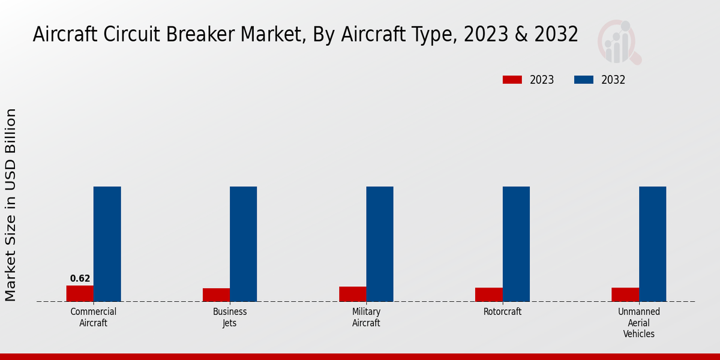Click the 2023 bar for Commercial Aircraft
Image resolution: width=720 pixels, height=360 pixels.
point(80,293)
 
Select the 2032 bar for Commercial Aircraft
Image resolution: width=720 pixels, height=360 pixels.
point(107,244)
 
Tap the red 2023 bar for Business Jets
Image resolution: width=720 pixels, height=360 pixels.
point(216,295)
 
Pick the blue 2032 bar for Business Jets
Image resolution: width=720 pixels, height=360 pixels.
point(243,244)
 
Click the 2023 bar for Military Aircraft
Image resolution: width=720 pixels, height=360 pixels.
point(352,294)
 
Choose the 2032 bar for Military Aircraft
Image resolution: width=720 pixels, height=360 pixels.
point(380,244)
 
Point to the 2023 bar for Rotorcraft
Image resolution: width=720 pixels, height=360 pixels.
point(488,295)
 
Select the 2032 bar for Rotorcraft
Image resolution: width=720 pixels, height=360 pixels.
point(516,244)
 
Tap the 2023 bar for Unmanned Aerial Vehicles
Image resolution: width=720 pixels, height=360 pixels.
point(625,295)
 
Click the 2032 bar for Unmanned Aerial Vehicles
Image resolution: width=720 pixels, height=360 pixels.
point(652,244)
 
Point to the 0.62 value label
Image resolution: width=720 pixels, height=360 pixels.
point(80,278)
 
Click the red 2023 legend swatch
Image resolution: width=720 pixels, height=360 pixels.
point(512,80)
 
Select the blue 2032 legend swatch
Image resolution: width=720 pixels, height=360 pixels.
point(584,80)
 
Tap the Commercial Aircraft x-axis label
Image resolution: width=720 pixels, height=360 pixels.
point(93,317)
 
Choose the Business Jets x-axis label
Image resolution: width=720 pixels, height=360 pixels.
point(230,317)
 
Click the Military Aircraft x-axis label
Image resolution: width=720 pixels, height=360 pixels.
point(366,317)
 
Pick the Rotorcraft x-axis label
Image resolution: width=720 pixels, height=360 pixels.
point(502,312)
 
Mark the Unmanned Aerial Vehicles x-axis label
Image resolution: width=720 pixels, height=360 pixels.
point(639,323)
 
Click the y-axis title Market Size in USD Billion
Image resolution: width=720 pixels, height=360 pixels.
point(11,205)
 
